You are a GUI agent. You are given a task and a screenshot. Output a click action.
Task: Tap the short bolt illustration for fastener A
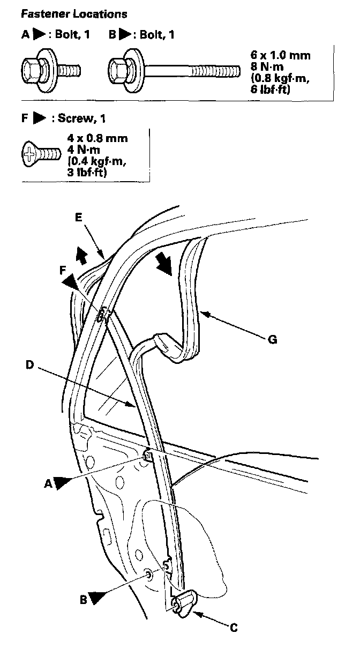[x=51, y=69]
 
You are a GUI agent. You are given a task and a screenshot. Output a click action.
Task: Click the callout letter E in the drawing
[x=79, y=217]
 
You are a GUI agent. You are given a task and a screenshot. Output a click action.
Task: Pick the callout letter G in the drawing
[x=273, y=340]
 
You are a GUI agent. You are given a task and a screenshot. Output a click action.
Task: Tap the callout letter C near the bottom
[x=234, y=627]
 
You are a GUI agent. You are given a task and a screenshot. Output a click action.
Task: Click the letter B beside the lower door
[x=84, y=600]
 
